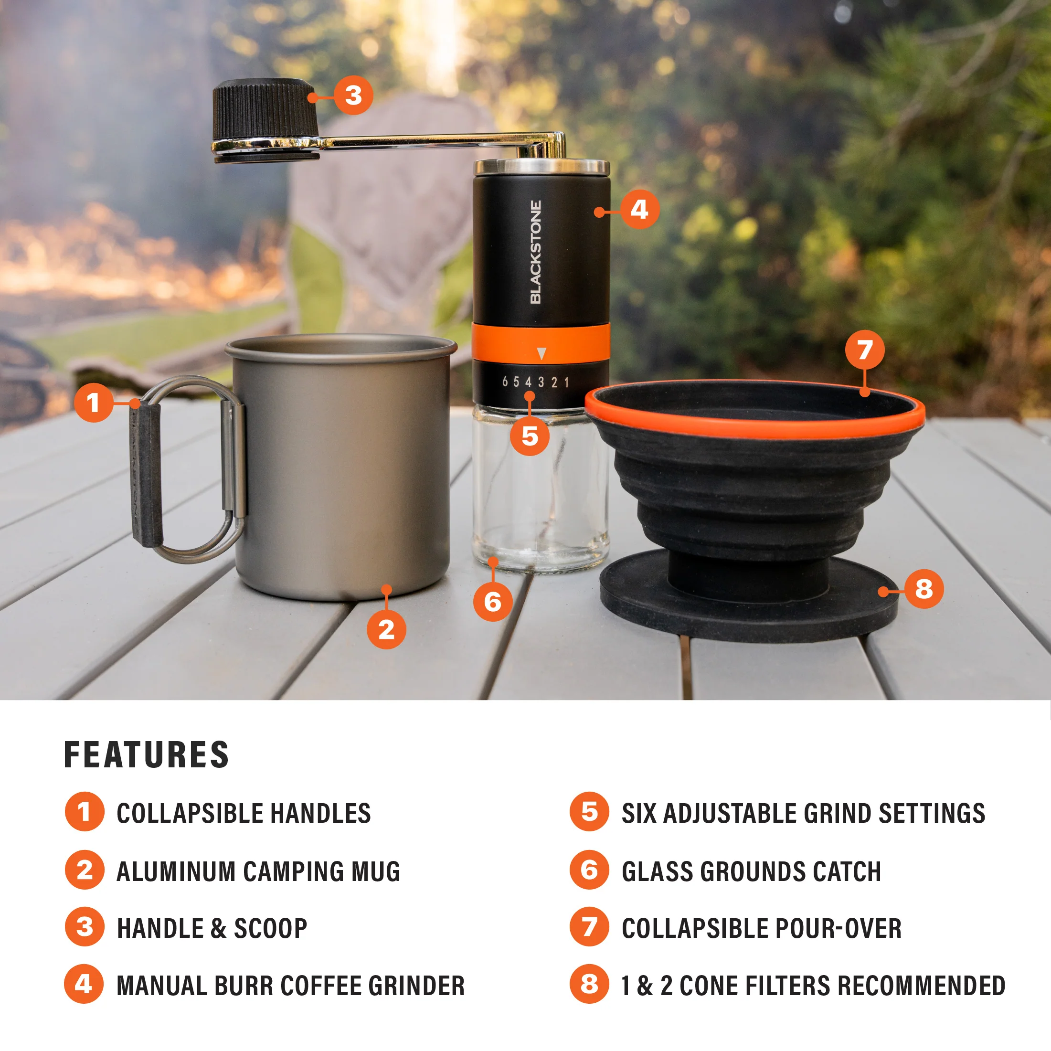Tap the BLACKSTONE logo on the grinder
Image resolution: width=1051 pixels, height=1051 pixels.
tap(536, 252)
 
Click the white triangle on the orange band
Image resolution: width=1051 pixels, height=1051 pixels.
tap(541, 354)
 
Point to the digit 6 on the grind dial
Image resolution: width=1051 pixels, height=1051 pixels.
tap(505, 382)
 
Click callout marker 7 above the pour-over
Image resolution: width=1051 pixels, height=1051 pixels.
tap(864, 350)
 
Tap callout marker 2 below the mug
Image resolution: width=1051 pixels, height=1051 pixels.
tap(386, 629)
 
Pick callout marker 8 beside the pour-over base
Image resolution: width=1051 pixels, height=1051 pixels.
tap(924, 589)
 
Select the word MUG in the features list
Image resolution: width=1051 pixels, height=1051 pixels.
tap(375, 871)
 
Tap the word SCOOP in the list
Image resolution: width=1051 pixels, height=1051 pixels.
tap(270, 928)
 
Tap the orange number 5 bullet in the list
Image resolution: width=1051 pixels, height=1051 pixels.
tap(589, 812)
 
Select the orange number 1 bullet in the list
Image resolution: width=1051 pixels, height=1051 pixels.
tap(85, 812)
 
